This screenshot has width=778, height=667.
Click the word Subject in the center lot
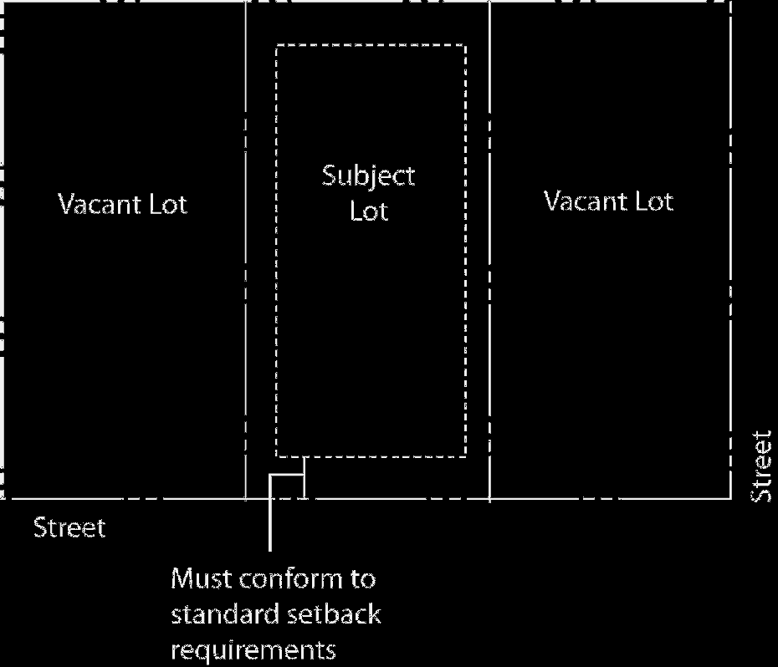(369, 177)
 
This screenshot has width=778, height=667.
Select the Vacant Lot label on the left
(123, 203)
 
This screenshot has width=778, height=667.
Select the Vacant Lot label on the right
(609, 201)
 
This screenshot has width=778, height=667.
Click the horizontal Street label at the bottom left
(69, 528)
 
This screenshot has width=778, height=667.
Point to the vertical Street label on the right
(761, 466)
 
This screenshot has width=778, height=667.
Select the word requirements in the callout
(253, 649)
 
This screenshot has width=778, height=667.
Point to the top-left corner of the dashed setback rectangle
(277, 46)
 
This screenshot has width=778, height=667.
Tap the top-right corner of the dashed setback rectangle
(465, 46)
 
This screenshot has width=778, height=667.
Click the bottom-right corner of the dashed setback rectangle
(465, 456)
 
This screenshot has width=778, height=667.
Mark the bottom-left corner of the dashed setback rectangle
(277, 456)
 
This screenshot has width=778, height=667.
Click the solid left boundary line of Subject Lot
(246, 251)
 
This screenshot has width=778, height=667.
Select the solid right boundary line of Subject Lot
(489, 251)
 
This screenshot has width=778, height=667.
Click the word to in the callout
(363, 578)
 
